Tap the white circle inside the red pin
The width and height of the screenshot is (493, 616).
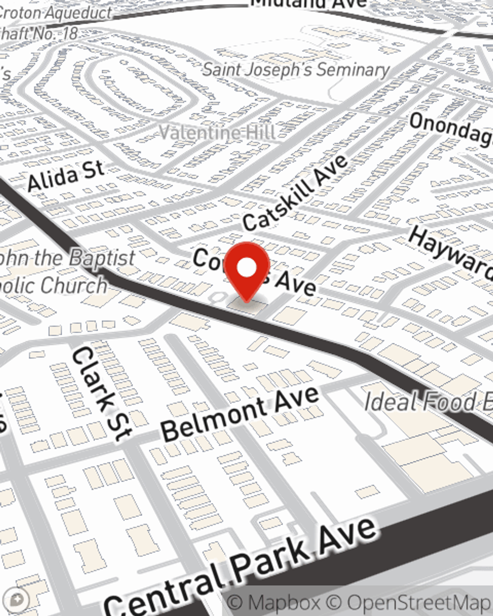pyautogui.click(x=246, y=268)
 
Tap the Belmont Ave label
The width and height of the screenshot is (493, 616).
pyautogui.click(x=240, y=414)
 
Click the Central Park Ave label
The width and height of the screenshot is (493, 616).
pyautogui.click(x=242, y=567)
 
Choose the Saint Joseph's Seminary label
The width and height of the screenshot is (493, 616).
pyautogui.click(x=296, y=69)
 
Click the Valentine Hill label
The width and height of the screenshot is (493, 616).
pyautogui.click(x=217, y=132)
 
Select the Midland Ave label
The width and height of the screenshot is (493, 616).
pyautogui.click(x=309, y=4)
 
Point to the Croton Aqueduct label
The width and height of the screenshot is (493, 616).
pyautogui.click(x=54, y=13)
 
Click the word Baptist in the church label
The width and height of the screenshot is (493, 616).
pyautogui.click(x=101, y=258)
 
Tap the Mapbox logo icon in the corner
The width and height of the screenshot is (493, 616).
pyautogui.click(x=16, y=600)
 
